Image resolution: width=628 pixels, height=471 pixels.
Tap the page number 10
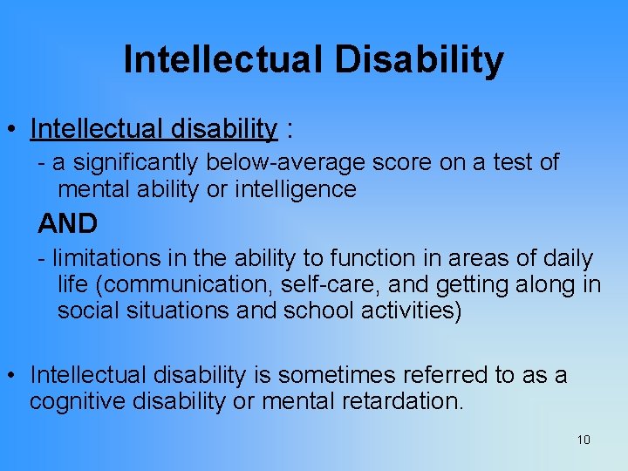[x=584, y=440]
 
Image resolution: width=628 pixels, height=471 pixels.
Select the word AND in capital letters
[x=68, y=224]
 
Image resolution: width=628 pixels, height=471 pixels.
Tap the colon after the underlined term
[x=289, y=131]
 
